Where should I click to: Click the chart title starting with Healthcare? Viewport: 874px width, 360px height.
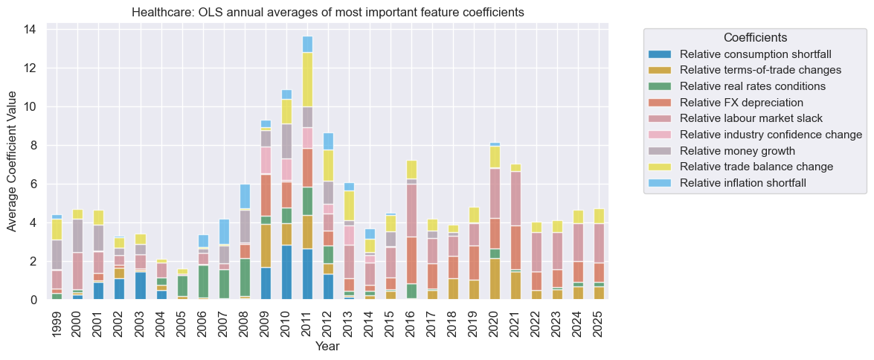327,12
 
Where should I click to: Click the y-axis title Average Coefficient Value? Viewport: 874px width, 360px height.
13,161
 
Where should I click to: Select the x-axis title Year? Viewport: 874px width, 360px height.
327,347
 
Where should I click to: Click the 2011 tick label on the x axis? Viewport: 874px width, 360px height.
307,322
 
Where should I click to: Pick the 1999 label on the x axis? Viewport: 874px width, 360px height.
57,322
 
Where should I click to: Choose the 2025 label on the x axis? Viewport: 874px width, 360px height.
598,322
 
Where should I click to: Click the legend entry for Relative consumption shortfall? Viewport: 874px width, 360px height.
754,54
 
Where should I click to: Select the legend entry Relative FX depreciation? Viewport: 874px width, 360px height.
741,102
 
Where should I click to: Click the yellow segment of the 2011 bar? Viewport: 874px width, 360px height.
307,79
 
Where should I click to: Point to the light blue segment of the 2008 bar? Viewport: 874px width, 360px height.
245,197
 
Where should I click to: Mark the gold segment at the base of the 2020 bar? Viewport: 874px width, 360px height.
494,279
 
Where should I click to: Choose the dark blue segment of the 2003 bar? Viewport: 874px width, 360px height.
141,286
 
